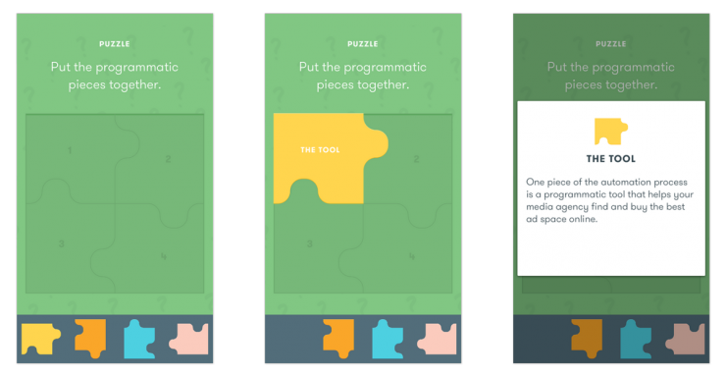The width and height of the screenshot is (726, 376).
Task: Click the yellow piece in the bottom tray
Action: tap(39, 339)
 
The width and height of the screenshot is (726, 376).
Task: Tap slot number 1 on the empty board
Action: tap(70, 150)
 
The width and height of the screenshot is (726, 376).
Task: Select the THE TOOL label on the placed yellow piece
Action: tap(320, 150)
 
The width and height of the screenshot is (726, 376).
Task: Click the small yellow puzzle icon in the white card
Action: tap(610, 132)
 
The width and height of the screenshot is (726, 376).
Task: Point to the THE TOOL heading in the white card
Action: tap(610, 159)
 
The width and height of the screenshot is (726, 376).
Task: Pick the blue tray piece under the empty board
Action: tap(139, 339)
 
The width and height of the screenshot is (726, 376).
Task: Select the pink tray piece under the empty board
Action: tap(189, 340)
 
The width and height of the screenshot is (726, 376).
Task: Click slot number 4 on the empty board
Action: tap(164, 256)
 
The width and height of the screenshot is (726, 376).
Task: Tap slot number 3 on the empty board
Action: tap(61, 244)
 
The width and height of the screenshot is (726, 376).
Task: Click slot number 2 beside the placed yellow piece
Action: tap(416, 159)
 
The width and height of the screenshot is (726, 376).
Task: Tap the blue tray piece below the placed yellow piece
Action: tap(388, 339)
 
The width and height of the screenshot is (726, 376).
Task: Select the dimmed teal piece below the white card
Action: tap(636, 339)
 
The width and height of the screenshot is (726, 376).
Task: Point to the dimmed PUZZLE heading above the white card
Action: tap(610, 44)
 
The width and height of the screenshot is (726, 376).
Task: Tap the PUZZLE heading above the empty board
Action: tap(115, 44)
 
